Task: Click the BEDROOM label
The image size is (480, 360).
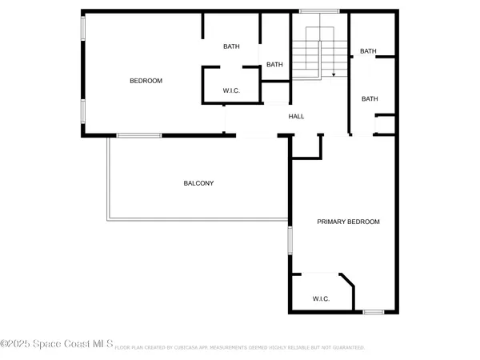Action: (146, 81)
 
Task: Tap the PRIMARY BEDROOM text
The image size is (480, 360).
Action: (348, 222)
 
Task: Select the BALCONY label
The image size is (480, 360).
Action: (198, 183)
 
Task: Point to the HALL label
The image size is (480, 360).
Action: (296, 117)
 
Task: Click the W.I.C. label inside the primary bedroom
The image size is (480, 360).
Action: (321, 298)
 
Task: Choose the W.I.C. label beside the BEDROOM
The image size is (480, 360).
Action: (231, 90)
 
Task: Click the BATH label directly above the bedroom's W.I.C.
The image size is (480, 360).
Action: (231, 46)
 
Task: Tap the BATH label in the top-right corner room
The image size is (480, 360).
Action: (368, 51)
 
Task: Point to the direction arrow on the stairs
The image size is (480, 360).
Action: (333, 74)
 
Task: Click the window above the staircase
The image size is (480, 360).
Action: (310, 11)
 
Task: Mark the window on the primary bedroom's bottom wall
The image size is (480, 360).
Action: (374, 312)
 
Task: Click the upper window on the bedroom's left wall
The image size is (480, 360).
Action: (82, 29)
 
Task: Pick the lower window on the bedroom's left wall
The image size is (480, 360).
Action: (82, 111)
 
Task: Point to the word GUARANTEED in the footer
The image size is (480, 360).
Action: (346, 348)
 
